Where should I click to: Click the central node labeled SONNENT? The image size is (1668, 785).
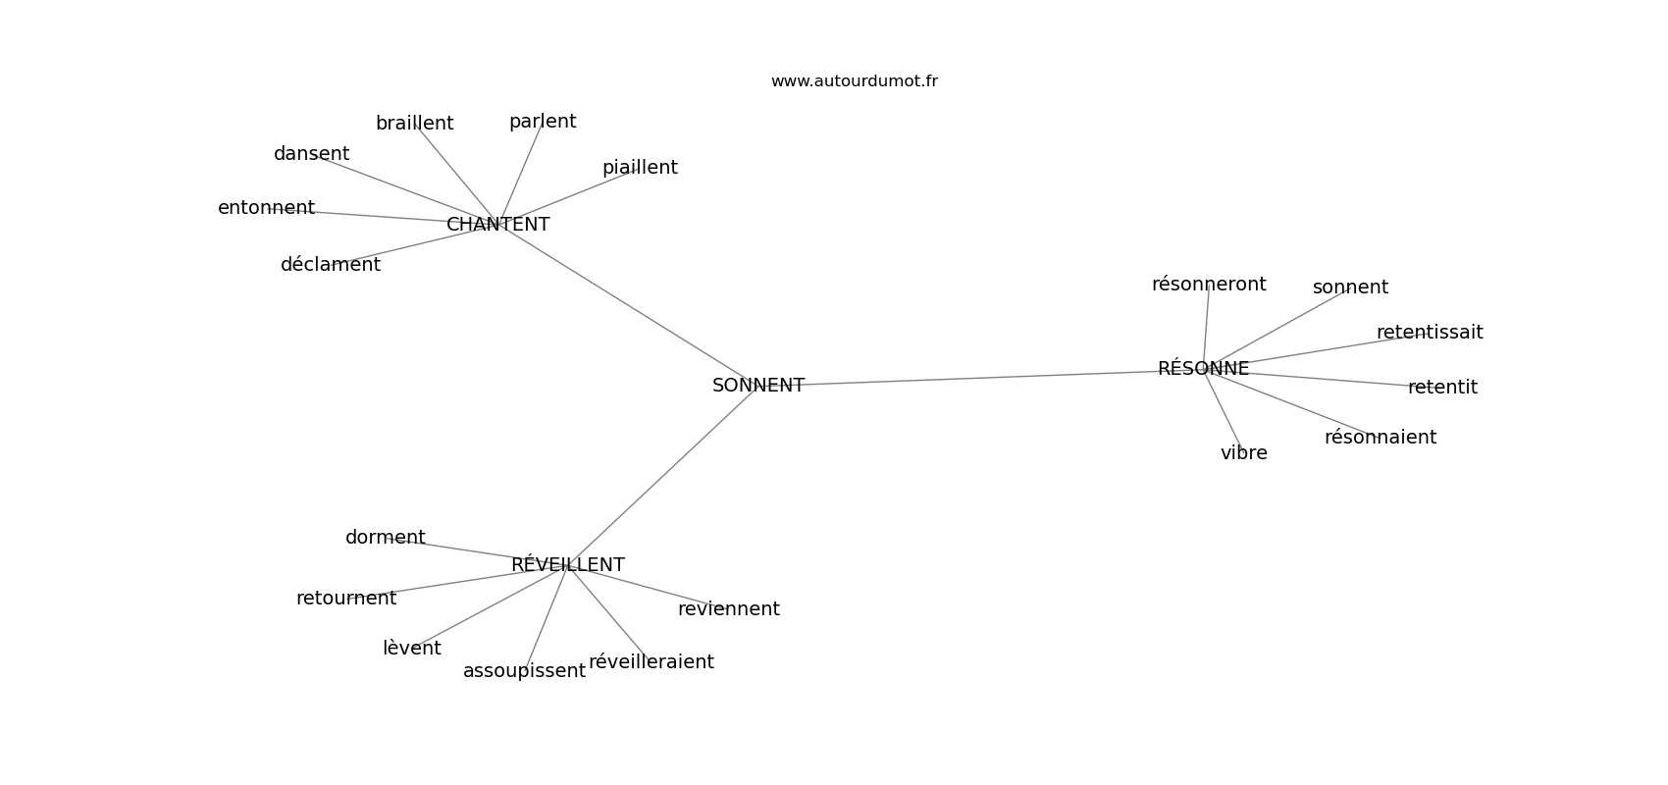758,385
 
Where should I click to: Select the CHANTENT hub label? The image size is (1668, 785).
497,224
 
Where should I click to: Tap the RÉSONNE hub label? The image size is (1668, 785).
1203,368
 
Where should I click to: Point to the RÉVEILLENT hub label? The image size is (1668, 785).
567,564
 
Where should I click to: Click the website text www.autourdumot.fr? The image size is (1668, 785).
854,81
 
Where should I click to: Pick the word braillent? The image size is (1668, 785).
414,123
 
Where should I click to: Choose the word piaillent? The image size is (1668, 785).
640,168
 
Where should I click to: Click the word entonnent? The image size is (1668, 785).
266,208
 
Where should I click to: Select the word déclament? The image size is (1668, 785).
330,264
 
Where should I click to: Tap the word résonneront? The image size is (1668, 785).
1209,284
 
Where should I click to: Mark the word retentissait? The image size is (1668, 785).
1430,333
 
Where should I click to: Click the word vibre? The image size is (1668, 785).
1243,452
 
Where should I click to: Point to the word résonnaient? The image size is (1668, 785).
1380,438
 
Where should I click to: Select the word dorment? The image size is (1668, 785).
385,537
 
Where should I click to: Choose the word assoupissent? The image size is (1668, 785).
524,671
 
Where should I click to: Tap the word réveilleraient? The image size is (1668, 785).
651,661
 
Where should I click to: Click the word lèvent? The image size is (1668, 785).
412,648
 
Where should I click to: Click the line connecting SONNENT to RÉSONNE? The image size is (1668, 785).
981,378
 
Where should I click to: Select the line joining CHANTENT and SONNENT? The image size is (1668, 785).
628,304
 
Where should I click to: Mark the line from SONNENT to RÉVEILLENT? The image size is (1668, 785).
662,475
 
